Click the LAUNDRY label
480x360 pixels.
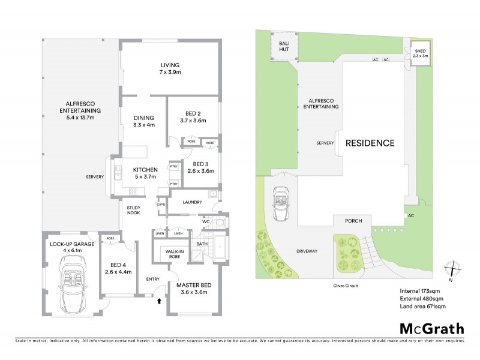[x=193, y=202]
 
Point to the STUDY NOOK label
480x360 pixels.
[x=133, y=211]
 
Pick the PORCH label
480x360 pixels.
[x=353, y=221]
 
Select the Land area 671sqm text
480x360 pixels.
[x=423, y=307]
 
